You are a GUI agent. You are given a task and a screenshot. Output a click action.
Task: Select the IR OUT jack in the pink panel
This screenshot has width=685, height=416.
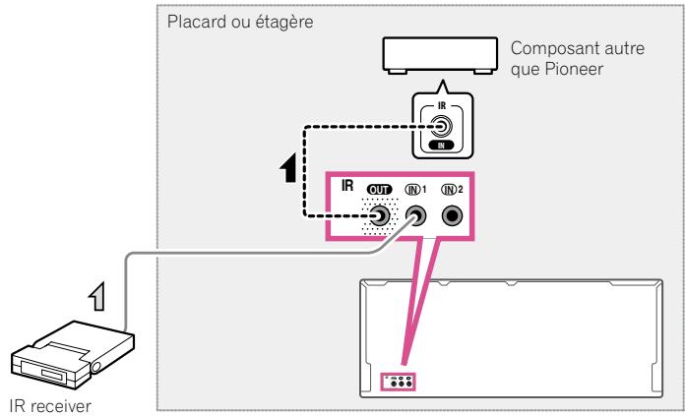[379, 217]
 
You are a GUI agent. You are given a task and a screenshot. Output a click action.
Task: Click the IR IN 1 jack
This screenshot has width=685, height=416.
[417, 217]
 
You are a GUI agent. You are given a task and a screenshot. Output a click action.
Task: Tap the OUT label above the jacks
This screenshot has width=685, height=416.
[380, 188]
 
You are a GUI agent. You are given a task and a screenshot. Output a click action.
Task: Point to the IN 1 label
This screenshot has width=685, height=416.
[417, 188]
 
